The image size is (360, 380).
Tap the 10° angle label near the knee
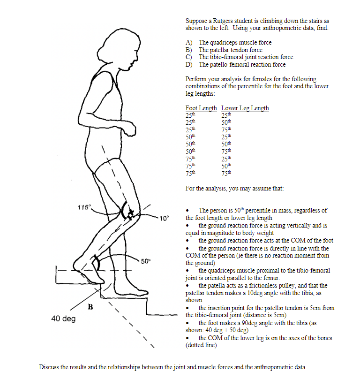click(163, 218)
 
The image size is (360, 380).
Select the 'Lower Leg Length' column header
click(245, 108)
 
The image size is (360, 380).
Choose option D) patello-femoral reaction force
click(241, 64)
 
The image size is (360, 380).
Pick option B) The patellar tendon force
click(230, 50)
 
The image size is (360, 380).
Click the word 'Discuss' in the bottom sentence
click(49, 367)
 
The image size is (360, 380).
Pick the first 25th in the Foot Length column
click(191, 114)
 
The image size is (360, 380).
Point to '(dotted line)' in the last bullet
click(201, 345)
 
